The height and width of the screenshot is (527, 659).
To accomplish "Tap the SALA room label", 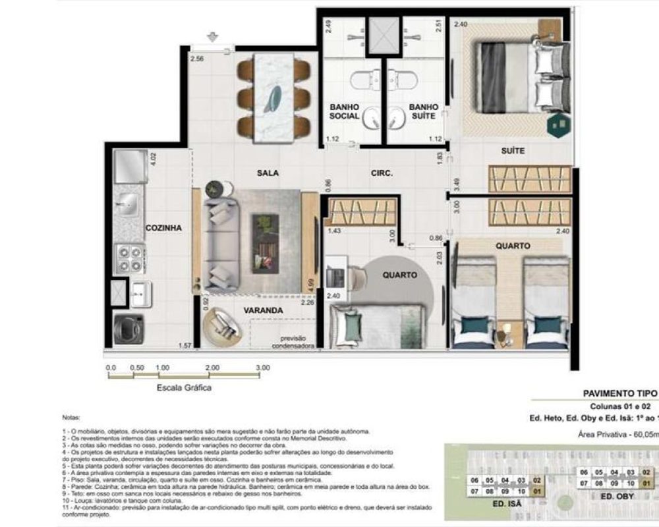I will pos(268,173).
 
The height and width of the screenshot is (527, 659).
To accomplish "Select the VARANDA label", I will pos(263,310).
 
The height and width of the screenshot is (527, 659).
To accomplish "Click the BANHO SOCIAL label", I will pos(345,111).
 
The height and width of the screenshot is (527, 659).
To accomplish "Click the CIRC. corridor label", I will pos(382,174).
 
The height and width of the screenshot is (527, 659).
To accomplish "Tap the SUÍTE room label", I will pos(513,151).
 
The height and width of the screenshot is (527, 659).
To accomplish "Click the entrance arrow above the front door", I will pos(213,37).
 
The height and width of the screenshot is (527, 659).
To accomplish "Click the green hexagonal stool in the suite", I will pos(559,124).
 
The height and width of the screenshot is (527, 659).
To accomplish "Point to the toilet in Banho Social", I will pos(360,80).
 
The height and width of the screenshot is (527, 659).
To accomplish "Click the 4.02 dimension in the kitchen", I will pos(154,161).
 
